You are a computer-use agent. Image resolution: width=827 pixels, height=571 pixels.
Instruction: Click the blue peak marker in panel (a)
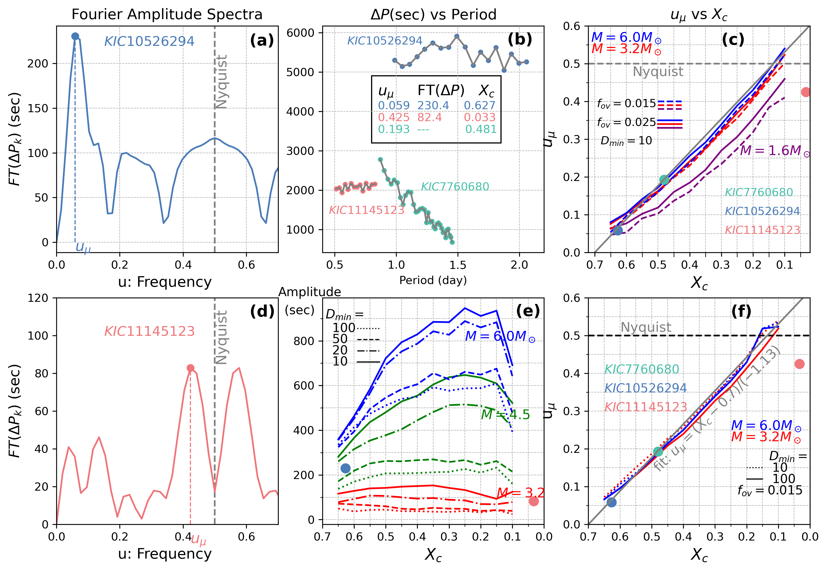pyautogui.click(x=75, y=36)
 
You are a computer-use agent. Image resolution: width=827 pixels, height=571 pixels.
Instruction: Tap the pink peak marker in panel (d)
pyautogui.click(x=190, y=368)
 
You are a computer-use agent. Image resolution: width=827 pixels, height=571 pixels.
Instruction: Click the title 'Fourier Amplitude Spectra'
pyautogui.click(x=167, y=14)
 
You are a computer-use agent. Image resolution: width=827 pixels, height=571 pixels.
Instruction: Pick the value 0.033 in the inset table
pyautogui.click(x=480, y=117)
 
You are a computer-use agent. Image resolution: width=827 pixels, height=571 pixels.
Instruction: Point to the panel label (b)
pyautogui.click(x=520, y=40)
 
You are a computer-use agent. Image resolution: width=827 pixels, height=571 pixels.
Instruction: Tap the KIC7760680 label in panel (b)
pyautogui.click(x=455, y=186)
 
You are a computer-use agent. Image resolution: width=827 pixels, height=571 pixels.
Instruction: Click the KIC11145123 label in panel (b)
pyautogui.click(x=367, y=210)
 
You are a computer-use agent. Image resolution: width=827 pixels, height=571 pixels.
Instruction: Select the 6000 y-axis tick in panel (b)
pyautogui.click(x=300, y=33)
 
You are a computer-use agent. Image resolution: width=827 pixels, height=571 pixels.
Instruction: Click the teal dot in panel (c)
pyautogui.click(x=664, y=180)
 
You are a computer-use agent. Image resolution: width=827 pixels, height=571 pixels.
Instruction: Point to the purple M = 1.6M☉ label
pyautogui.click(x=775, y=151)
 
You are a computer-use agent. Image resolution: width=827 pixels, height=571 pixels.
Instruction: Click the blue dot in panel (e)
pyautogui.click(x=345, y=468)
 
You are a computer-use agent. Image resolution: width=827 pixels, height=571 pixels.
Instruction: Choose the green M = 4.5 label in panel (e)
pyautogui.click(x=505, y=415)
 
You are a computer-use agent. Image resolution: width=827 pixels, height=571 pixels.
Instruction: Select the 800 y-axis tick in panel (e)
pyautogui.click(x=304, y=341)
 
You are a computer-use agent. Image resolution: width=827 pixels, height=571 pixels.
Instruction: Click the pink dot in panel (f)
pyautogui.click(x=799, y=364)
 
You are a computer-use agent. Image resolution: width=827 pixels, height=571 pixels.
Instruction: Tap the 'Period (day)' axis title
pyautogui.click(x=433, y=280)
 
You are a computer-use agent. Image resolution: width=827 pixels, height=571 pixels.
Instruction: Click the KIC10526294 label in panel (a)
pyautogui.click(x=149, y=42)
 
